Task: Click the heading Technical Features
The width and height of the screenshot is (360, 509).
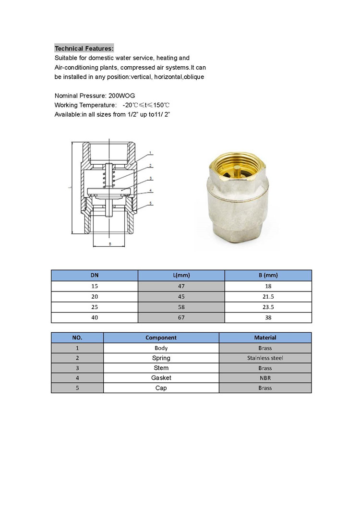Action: (x=84, y=48)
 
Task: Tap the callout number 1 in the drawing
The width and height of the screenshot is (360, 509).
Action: (x=150, y=153)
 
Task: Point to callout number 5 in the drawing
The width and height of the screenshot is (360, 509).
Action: (x=150, y=203)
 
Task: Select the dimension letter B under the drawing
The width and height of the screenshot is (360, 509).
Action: (x=110, y=244)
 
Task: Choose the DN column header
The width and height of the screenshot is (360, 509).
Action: (x=95, y=275)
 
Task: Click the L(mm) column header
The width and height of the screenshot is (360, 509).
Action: (x=181, y=275)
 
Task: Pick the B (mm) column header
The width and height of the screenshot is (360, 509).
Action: (x=268, y=275)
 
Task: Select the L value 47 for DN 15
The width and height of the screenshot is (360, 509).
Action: (x=181, y=286)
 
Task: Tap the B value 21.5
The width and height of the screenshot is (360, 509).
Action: (x=268, y=297)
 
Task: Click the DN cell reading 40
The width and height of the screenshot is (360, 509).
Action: (x=95, y=317)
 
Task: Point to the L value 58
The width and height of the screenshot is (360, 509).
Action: (x=181, y=307)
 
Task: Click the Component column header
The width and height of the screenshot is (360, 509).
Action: (x=161, y=338)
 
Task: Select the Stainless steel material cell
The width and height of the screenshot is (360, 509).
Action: (x=265, y=358)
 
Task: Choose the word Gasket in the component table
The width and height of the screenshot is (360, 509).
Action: (x=161, y=378)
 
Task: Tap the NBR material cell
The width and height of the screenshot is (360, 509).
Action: (x=265, y=378)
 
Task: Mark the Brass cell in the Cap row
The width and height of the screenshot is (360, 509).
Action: (x=265, y=388)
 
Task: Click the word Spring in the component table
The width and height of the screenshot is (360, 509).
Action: (x=161, y=358)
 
